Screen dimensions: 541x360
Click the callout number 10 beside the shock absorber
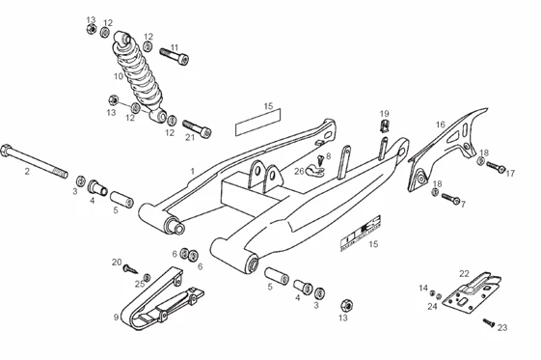119,76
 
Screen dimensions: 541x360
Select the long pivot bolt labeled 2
34,161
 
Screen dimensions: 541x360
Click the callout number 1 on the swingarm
193,171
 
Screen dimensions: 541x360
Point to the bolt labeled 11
175,56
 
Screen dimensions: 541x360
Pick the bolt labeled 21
197,127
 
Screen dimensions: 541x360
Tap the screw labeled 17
496,167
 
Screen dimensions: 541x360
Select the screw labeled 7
450,198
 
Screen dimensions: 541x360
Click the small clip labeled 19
384,125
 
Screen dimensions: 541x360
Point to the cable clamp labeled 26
314,171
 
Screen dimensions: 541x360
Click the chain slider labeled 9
161,299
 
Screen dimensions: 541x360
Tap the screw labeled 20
130,268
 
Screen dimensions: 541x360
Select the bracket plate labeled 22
471,292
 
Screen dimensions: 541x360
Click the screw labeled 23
489,322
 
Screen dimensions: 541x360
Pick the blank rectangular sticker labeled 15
257,122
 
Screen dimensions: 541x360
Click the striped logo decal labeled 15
361,234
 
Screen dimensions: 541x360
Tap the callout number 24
432,306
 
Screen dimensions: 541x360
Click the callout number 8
328,156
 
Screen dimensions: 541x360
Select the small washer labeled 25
147,277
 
